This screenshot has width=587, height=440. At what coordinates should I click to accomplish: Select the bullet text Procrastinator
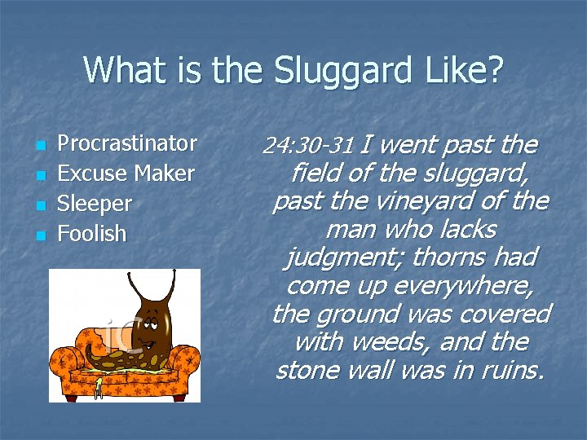(x=127, y=143)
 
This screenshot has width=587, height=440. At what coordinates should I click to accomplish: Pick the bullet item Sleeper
(x=94, y=204)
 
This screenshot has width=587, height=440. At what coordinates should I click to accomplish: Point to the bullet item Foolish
(x=91, y=234)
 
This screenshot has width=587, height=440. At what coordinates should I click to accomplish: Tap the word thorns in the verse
(x=446, y=257)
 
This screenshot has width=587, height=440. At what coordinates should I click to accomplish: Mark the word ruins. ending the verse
(x=507, y=370)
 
